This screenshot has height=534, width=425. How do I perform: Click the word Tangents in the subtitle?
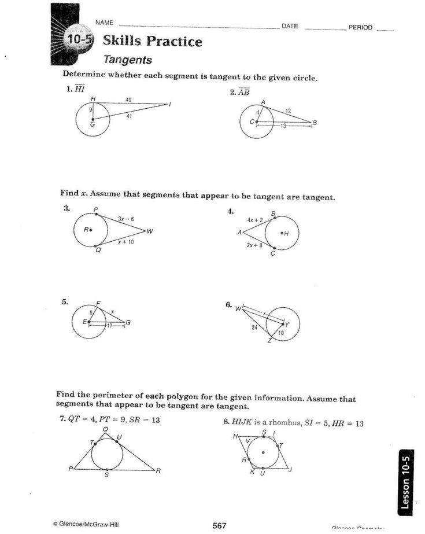pos(128,60)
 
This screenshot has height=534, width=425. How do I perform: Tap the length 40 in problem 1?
pos(129,100)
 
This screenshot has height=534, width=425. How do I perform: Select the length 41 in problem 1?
pos(130,116)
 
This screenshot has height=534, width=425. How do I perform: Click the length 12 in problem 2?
pos(288,111)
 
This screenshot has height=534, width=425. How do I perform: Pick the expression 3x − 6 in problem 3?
pos(125,219)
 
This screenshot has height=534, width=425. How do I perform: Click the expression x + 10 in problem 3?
pos(125,242)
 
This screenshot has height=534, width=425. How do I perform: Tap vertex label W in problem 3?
pos(150,232)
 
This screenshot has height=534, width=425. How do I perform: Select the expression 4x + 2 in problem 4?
pos(254,220)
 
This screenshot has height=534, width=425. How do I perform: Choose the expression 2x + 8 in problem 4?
pos(254,245)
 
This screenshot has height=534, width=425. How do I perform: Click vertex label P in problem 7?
pos(71,469)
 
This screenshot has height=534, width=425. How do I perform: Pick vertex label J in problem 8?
pos(290,469)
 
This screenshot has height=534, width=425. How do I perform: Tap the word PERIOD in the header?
pos(360,27)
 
